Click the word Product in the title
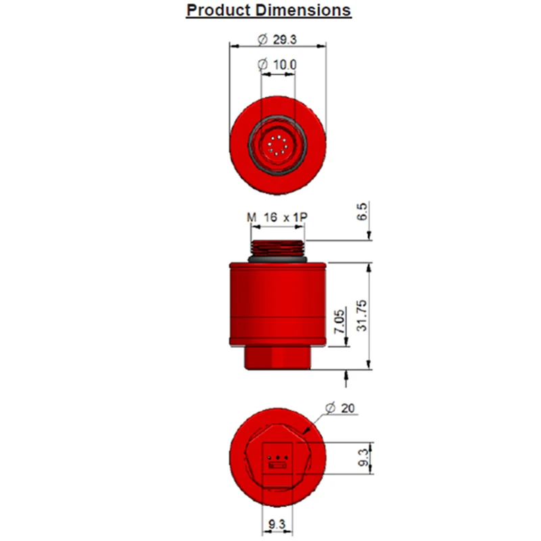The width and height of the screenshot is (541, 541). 218,10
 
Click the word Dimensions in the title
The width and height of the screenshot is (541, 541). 303,10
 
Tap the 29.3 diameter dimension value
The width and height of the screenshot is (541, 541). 285,40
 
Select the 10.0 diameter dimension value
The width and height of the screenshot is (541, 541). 285,64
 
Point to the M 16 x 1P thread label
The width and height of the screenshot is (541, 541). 277,217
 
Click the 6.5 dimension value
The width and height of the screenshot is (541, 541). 362,212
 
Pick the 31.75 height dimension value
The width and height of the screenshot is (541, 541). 362,316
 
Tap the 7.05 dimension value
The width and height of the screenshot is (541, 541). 339,322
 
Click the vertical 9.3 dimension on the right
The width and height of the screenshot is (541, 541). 363,458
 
